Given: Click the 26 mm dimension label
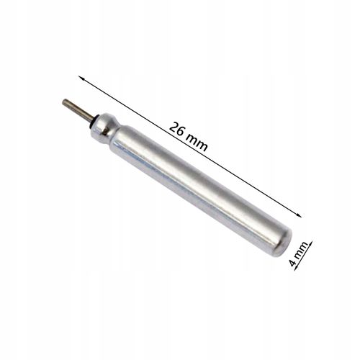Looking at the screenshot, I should [189, 136].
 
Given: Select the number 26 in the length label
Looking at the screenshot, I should [178, 129].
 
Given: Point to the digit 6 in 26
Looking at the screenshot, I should [182, 132].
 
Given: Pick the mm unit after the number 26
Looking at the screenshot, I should [198, 142].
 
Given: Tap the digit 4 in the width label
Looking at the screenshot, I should [293, 263].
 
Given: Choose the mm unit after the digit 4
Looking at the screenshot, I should [300, 251].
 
